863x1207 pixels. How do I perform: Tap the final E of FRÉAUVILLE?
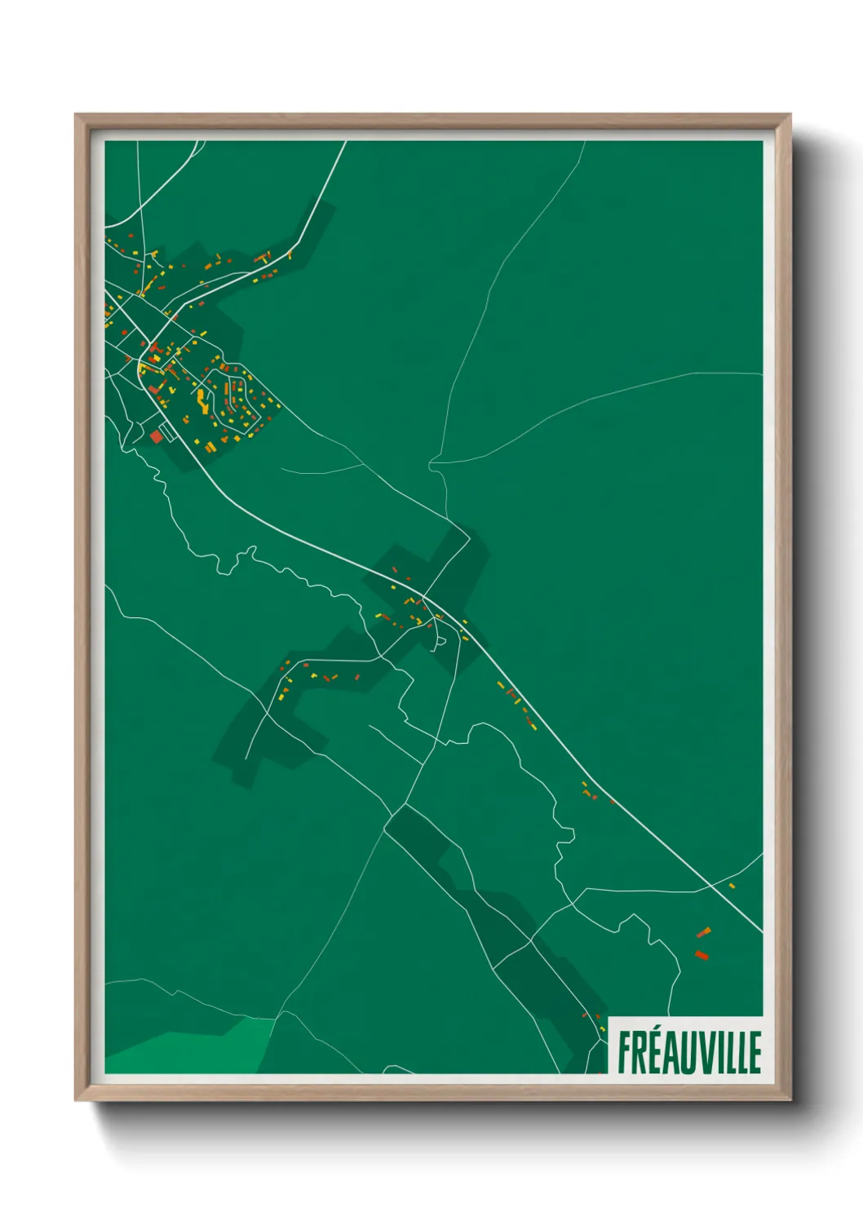point(755,1053)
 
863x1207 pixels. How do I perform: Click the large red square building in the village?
point(156,437)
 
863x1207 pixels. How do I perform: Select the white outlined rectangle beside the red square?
point(167,430)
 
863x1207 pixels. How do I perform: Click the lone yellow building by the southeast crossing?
point(732,886)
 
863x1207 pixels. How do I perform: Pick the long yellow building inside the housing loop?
point(200,399)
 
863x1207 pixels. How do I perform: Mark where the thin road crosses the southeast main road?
point(712,885)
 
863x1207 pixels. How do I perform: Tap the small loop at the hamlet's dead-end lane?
point(440,643)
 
